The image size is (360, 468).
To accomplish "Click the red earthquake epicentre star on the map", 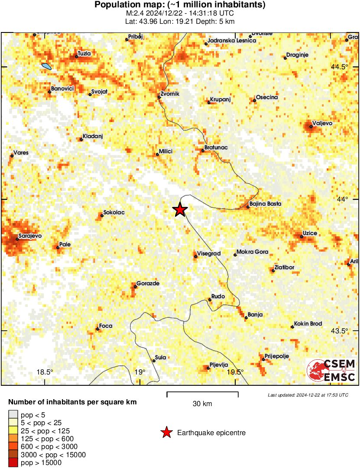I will coord(180,210).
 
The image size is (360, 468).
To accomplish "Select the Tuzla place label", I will coord(84,53).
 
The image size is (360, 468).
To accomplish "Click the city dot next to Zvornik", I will coord(159,97).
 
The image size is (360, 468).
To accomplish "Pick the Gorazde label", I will coord(148,284).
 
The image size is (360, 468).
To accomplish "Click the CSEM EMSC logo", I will coord(332,371).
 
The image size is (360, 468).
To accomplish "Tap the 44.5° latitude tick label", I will coord(339,67).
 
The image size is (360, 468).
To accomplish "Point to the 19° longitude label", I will coord(139,372).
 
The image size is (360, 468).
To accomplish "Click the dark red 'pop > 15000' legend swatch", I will coord(13,463).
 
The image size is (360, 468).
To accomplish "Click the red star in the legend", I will coord(166,432).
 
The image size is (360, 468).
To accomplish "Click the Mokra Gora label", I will coord(252,252).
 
